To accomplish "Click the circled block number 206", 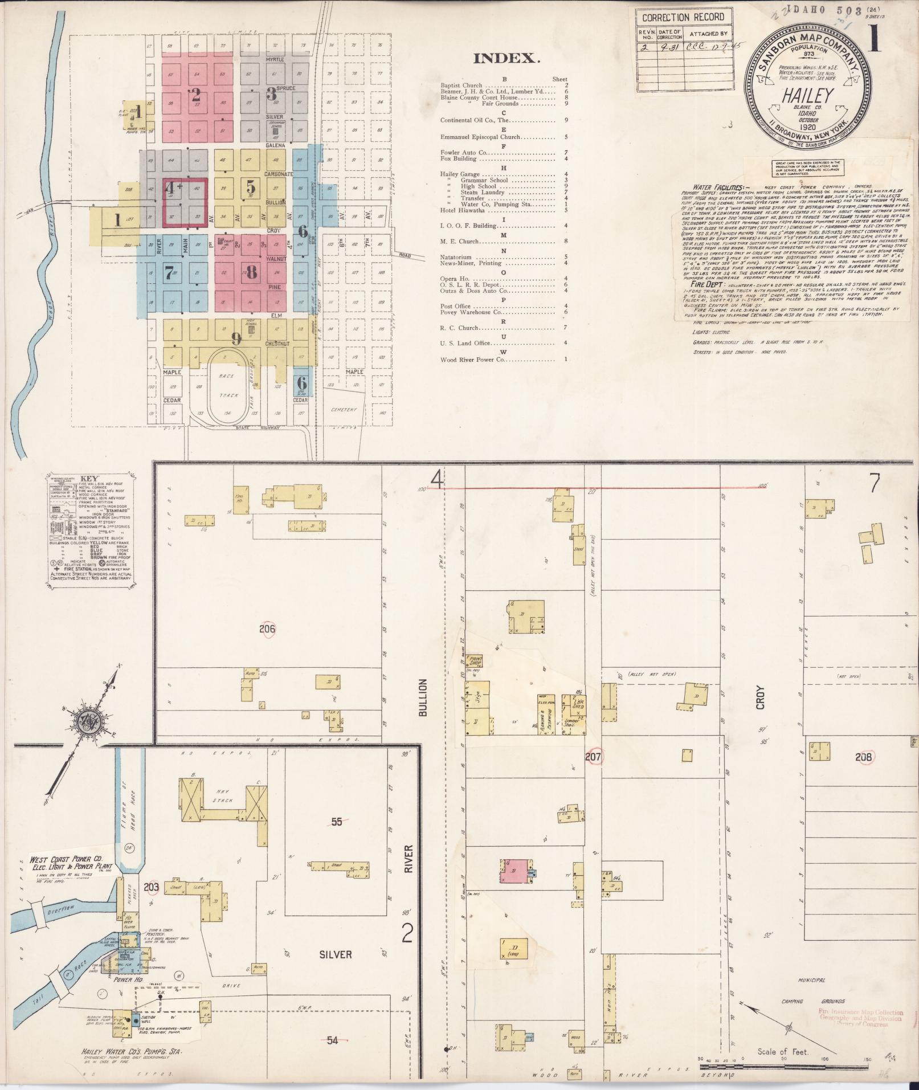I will pyautogui.click(x=267, y=629).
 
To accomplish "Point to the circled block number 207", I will pyautogui.click(x=593, y=757).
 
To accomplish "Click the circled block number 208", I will pyautogui.click(x=863, y=757).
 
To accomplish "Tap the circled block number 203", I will pyautogui.click(x=151, y=903).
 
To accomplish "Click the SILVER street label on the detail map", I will pyautogui.click(x=335, y=954).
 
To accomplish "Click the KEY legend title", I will pyautogui.click(x=89, y=479).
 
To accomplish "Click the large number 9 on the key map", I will pyautogui.click(x=236, y=338).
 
